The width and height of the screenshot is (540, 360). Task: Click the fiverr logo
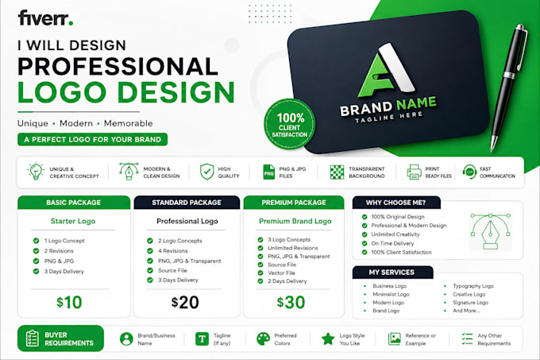45,18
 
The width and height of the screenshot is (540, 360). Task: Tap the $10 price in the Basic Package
69,303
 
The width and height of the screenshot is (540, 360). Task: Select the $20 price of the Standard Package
185,303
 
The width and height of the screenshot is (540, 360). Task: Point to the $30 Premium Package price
291,303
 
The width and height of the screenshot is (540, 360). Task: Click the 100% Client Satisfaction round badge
290,124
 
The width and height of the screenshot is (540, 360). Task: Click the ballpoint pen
509,87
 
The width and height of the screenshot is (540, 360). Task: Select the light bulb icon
36,172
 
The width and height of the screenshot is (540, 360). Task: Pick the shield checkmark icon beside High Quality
207,172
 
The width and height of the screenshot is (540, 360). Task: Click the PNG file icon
268,172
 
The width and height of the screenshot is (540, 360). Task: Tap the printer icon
414,172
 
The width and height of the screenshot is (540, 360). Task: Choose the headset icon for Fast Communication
469,172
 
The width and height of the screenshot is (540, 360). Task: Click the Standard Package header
187,203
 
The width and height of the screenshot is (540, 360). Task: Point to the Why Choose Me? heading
396,203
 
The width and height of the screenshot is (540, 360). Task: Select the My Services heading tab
392,272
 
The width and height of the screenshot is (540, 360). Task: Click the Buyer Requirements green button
60,339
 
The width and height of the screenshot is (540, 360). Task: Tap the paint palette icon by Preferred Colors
264,339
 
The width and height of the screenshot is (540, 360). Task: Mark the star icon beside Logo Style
328,339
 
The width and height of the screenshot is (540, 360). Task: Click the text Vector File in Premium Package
281,273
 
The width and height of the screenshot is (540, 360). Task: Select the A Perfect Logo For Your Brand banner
93,140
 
